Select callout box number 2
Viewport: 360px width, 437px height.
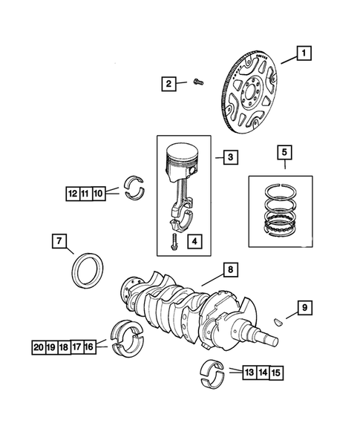click(x=169, y=84)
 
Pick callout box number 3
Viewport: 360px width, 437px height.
click(x=231, y=157)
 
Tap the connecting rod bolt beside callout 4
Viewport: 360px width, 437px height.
click(x=173, y=242)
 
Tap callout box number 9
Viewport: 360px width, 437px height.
click(x=303, y=306)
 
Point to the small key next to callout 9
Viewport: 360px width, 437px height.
click(x=278, y=322)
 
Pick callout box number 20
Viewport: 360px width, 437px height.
click(x=39, y=346)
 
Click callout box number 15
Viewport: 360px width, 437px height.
click(x=275, y=372)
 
